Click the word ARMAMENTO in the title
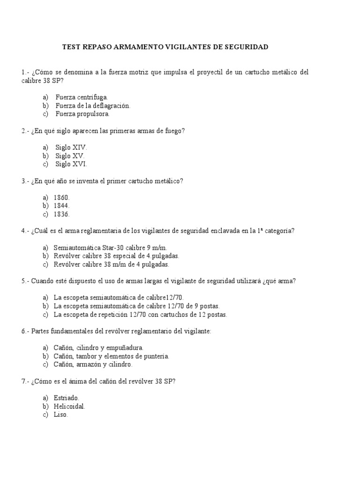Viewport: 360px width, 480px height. pos(138,47)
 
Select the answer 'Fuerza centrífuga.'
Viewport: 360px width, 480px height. pos(82,97)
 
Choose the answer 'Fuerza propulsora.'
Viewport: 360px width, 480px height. pos(82,114)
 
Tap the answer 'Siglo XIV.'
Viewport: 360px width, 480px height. pos(71,147)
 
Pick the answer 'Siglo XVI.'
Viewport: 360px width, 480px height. pos(71,164)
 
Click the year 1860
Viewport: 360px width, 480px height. pos(61,197)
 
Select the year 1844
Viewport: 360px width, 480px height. pos(61,206)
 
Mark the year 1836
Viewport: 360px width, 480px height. pos(61,214)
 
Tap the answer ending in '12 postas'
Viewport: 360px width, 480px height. pos(141,315)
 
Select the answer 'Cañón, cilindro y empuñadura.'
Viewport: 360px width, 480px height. pos(98,348)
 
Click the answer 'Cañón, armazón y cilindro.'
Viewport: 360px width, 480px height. pos(93,364)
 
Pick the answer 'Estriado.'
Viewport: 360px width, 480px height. pos(66,398)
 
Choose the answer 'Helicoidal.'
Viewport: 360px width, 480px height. pos(69,406)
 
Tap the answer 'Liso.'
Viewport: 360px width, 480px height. pos(61,415)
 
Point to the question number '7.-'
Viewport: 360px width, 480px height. pos(25,382)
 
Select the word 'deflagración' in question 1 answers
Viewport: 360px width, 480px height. pos(110,105)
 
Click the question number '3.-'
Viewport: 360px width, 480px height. pos(25,181)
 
